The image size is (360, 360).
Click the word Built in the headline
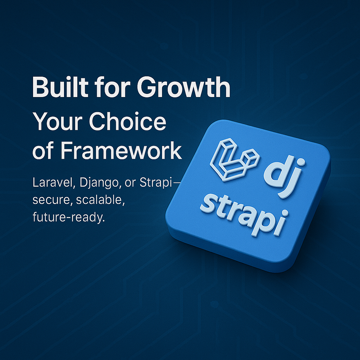click(x=60, y=87)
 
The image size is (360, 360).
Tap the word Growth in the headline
click(x=184, y=87)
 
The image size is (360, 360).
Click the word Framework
click(x=121, y=150)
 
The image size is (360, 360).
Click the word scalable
click(x=101, y=200)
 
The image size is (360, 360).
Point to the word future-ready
click(x=69, y=217)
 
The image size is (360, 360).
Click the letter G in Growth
click(x=147, y=87)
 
